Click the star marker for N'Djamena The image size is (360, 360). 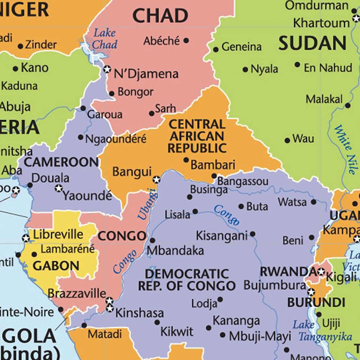(107, 69)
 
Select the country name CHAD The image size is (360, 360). (160, 16)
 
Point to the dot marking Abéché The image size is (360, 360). (186, 41)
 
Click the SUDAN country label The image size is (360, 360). (312, 44)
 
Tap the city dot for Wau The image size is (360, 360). (287, 140)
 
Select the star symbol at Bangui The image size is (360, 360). (156, 179)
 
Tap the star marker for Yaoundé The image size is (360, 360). (59, 188)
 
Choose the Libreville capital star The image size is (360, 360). (26, 238)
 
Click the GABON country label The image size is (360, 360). (56, 266)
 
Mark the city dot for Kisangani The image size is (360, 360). (252, 234)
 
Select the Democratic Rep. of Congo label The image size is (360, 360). (187, 280)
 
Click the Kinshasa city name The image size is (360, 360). (139, 313)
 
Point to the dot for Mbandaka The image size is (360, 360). (152, 240)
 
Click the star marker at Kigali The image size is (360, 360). (321, 272)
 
